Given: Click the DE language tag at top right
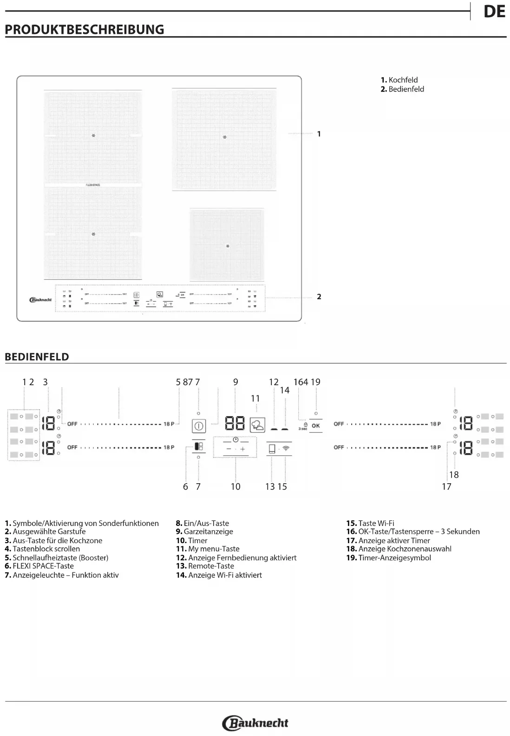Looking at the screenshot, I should (x=494, y=12).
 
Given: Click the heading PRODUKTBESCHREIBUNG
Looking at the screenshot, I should (x=85, y=30).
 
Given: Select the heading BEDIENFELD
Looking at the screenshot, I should (x=37, y=357).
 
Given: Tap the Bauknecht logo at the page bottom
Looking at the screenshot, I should (x=255, y=723).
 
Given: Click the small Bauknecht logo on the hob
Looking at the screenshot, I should (x=40, y=300).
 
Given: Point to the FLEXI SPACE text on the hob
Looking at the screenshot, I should (x=93, y=185).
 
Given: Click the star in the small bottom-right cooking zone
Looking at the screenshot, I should (x=228, y=246).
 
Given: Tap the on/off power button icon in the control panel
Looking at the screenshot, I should (x=199, y=426).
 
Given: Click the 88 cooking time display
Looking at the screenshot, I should (x=235, y=423).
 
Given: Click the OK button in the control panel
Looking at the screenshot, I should (x=316, y=426).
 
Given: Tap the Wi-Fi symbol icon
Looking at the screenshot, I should (x=286, y=448).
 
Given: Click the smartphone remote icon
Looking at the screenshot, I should (x=272, y=449).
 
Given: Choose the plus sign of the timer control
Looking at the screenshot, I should (x=242, y=449).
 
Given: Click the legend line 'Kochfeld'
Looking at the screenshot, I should (x=399, y=80).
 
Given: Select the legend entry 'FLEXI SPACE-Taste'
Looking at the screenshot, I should (x=39, y=566).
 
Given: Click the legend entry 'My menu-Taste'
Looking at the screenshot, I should (x=208, y=549).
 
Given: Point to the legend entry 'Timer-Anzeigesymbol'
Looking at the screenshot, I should (x=389, y=558).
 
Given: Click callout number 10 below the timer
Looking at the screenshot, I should (x=235, y=486).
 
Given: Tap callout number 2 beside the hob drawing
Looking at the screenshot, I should (x=319, y=297).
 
